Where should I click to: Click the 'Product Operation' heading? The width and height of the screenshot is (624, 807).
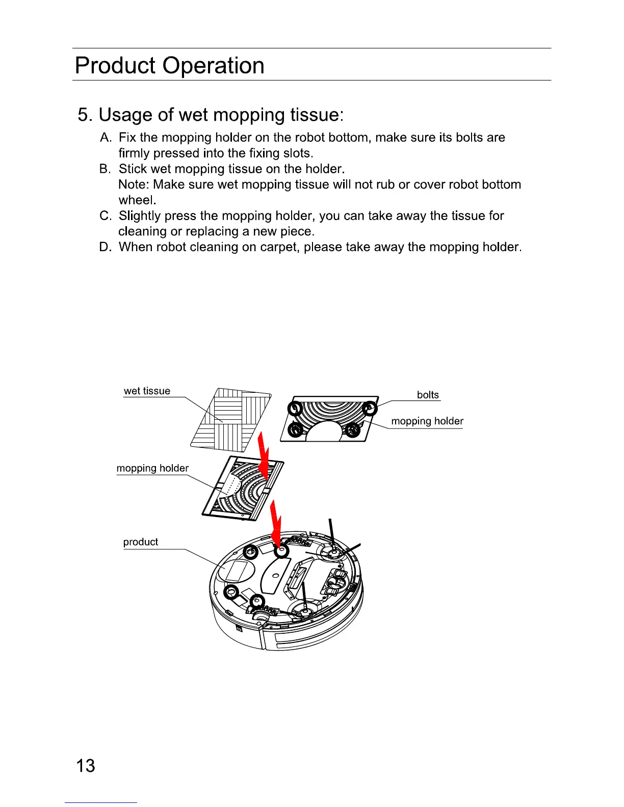click(x=169, y=66)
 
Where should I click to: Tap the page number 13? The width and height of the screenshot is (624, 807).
click(x=85, y=766)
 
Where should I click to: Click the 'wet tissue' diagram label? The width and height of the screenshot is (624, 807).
click(x=147, y=391)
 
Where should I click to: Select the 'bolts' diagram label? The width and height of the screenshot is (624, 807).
click(x=428, y=395)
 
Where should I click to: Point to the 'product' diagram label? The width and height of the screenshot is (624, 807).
click(x=141, y=542)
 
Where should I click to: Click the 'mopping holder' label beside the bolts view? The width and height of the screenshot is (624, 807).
click(x=427, y=421)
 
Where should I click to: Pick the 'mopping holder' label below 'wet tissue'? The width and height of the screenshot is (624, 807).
click(x=152, y=468)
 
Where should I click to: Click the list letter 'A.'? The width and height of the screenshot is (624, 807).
click(x=106, y=138)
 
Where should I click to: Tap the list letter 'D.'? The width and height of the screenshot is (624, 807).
click(x=106, y=247)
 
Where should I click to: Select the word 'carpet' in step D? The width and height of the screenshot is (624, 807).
click(x=278, y=247)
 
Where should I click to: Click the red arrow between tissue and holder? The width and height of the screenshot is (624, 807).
click(x=264, y=456)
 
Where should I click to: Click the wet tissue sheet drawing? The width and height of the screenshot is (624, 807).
click(x=230, y=419)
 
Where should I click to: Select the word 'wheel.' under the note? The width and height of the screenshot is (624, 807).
click(x=137, y=200)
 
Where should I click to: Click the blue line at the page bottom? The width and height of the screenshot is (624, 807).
click(x=101, y=803)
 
